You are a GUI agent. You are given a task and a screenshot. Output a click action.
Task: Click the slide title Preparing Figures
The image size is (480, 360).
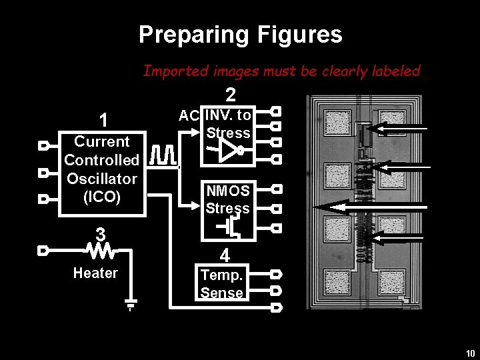[240, 35]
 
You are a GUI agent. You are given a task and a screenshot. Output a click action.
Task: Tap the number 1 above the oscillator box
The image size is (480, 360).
[103, 120]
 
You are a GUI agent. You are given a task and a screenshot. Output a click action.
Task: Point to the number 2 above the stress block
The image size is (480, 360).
[230, 95]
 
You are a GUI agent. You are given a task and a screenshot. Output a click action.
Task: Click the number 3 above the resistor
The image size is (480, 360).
[101, 235]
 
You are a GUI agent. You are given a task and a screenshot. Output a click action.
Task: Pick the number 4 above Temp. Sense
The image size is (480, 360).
[225, 256]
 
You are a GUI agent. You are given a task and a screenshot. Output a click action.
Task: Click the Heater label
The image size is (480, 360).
[95, 273]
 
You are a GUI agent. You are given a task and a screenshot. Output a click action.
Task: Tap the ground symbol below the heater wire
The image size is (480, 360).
[131, 305]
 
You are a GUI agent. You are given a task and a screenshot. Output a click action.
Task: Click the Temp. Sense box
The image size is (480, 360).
[222, 283]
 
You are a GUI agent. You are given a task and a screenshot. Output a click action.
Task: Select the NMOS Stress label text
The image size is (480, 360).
[227, 199]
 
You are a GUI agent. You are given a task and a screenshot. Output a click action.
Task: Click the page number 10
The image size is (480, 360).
[470, 353]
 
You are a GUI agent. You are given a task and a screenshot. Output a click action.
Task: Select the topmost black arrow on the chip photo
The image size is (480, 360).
[401, 128]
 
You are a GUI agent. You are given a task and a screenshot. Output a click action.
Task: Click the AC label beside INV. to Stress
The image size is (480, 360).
[189, 115]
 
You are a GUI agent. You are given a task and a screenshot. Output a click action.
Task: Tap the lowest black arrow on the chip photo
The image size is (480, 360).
[400, 235]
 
